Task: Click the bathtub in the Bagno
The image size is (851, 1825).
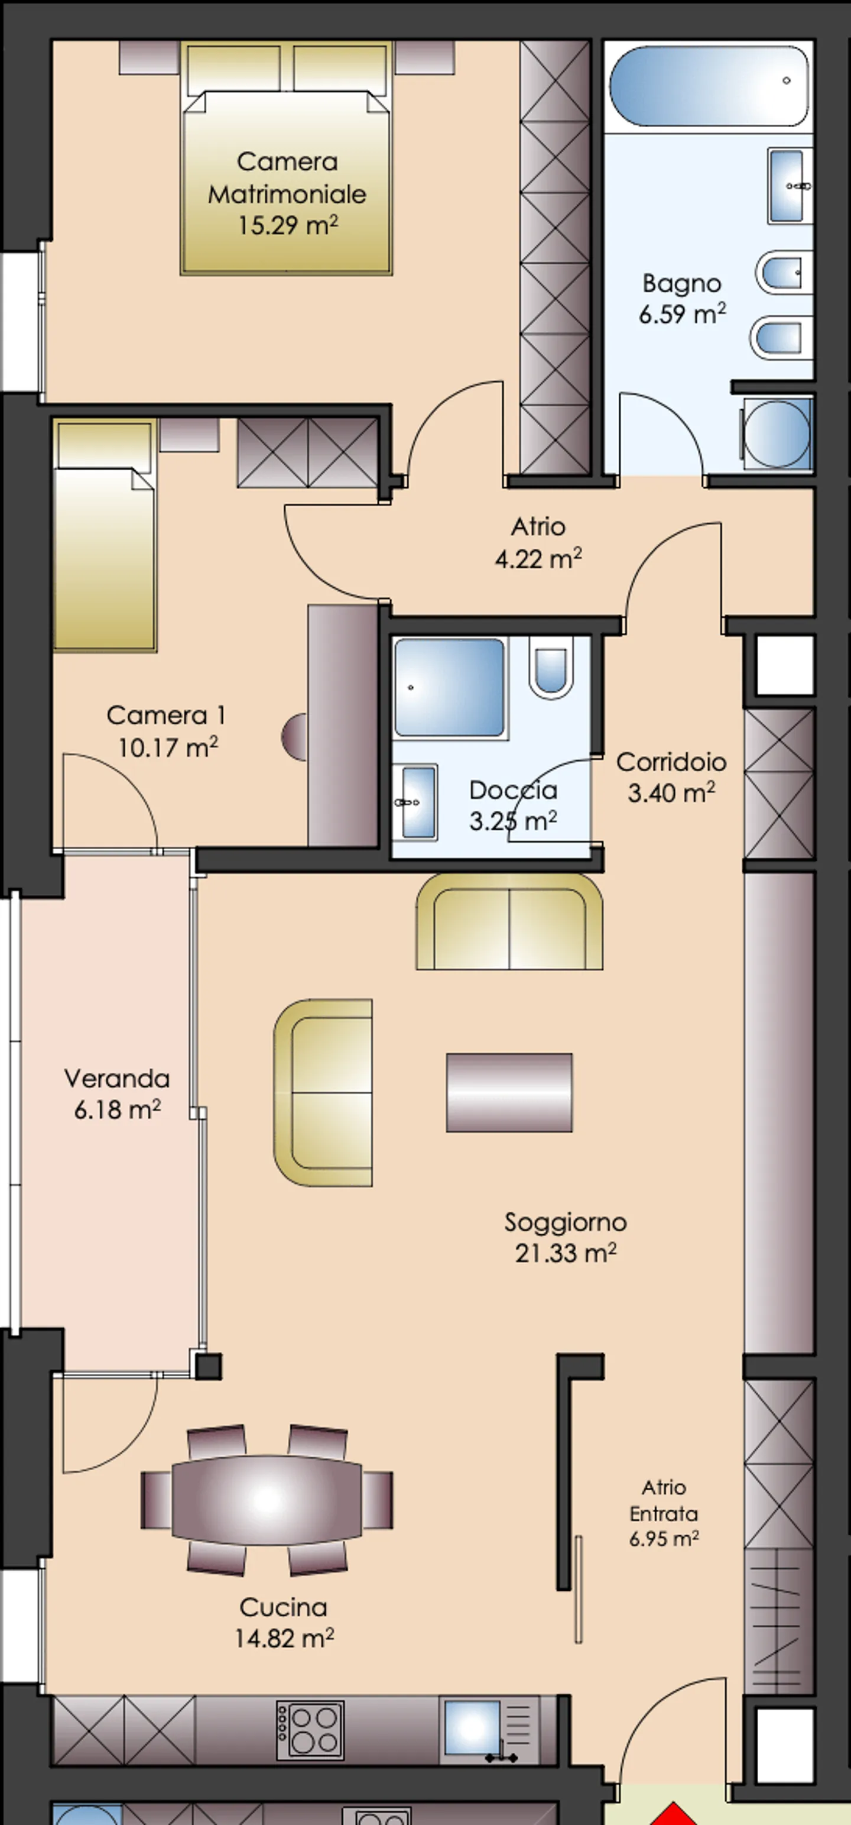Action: tap(708, 86)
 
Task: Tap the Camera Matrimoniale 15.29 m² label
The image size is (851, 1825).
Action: tap(287, 193)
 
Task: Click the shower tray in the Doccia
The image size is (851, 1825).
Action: tap(450, 687)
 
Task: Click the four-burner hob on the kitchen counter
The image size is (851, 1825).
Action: tap(310, 1729)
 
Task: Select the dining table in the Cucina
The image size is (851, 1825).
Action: tap(267, 1500)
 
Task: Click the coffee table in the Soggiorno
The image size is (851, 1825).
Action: tap(509, 1092)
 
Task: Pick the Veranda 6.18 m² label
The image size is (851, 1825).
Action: tap(117, 1094)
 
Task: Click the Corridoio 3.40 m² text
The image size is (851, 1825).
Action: tap(671, 777)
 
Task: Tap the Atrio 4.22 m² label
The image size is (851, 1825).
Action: tap(538, 543)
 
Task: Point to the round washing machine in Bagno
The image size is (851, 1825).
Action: tap(777, 433)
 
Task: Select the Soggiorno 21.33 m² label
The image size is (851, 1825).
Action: tap(565, 1237)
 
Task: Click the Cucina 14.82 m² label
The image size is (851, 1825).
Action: tap(283, 1622)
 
